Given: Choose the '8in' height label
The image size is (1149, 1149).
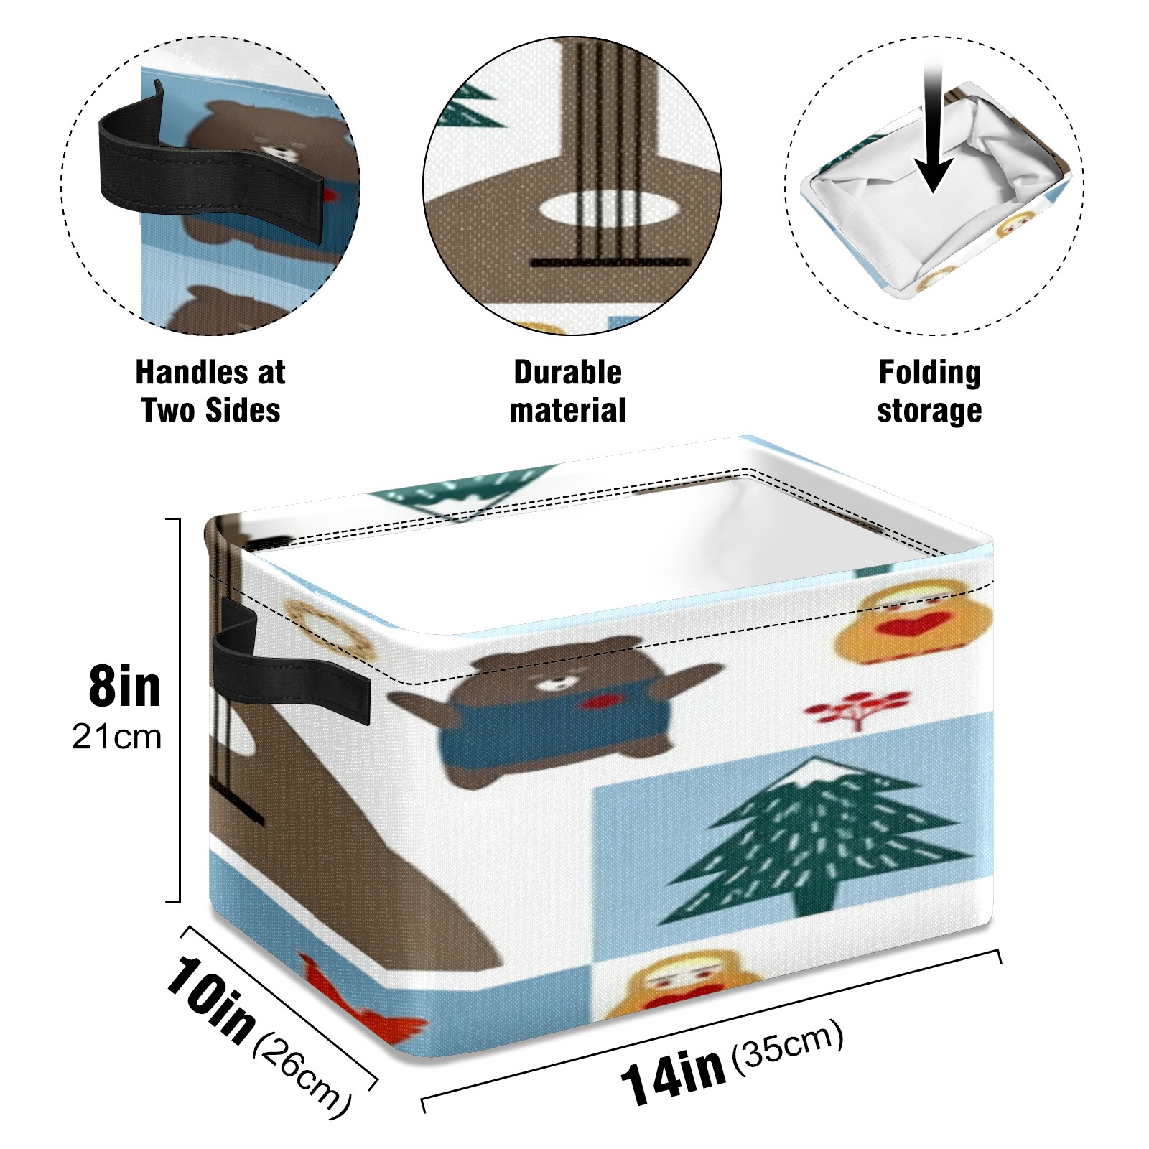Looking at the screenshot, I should [125, 687].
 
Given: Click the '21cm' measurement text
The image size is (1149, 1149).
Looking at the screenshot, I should [116, 737].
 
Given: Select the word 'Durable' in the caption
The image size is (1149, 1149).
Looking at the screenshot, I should [567, 372].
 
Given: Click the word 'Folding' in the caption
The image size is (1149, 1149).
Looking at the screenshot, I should [929, 372].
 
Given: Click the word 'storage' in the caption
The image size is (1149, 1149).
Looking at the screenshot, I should [929, 411].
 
